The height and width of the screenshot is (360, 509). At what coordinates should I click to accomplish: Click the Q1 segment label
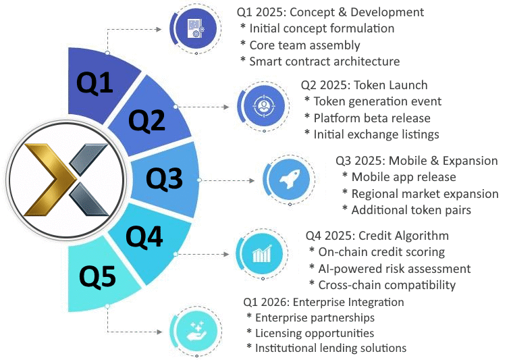95,83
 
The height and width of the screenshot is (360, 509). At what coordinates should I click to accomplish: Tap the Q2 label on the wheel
146,120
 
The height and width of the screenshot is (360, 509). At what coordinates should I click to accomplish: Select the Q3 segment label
164,178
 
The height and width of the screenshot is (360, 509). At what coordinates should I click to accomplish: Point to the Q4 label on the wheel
144,237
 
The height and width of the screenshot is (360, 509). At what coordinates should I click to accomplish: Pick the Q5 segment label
97,276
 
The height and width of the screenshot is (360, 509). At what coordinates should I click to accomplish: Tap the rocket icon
290,178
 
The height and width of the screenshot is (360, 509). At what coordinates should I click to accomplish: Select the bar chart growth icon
262,254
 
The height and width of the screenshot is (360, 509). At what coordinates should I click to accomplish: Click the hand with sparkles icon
197,331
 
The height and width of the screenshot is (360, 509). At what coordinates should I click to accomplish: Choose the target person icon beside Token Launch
264,105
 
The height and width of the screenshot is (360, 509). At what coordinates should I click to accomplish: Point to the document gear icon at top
196,28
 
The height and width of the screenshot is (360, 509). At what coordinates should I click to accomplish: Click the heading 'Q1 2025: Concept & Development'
330,12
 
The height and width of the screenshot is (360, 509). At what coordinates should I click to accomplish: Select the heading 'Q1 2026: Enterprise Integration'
323,302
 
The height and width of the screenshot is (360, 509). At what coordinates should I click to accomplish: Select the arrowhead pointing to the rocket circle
252,180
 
